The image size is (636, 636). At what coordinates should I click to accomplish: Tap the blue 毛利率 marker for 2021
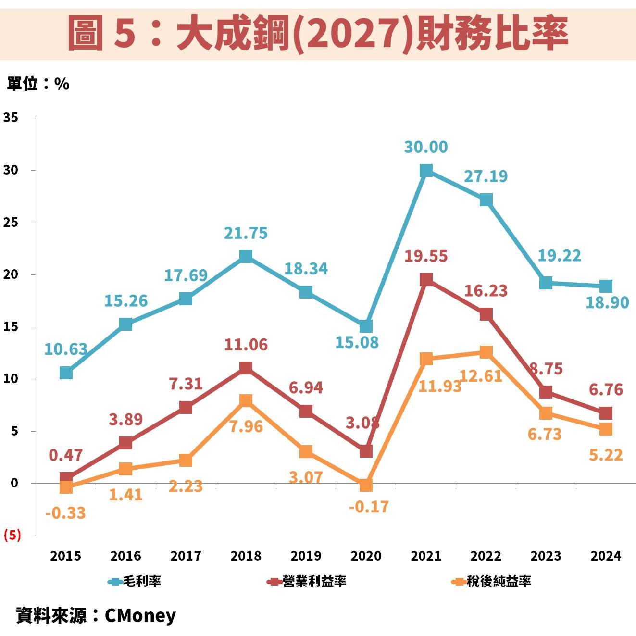point(426,171)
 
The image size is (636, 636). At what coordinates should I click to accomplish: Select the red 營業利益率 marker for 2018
point(246,368)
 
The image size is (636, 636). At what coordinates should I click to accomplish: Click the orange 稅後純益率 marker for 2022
point(486,352)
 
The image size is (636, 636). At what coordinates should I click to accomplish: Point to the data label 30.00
point(426,147)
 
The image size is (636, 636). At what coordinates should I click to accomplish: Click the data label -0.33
point(65,513)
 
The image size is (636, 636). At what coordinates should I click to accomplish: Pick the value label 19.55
point(426,256)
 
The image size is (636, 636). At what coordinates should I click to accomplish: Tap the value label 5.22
point(606,454)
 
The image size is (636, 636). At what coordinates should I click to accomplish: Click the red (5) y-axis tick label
point(12,535)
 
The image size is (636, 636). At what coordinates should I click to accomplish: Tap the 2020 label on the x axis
point(366,556)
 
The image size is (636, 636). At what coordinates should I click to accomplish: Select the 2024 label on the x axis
point(606,556)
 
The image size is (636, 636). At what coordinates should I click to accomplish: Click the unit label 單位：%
point(38,84)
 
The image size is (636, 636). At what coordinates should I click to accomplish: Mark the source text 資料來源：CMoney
point(96,615)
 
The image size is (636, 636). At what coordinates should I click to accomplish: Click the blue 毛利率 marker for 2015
point(66,373)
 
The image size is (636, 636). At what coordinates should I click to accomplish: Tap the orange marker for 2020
point(366,485)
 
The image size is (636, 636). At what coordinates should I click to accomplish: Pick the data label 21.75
point(246,233)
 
